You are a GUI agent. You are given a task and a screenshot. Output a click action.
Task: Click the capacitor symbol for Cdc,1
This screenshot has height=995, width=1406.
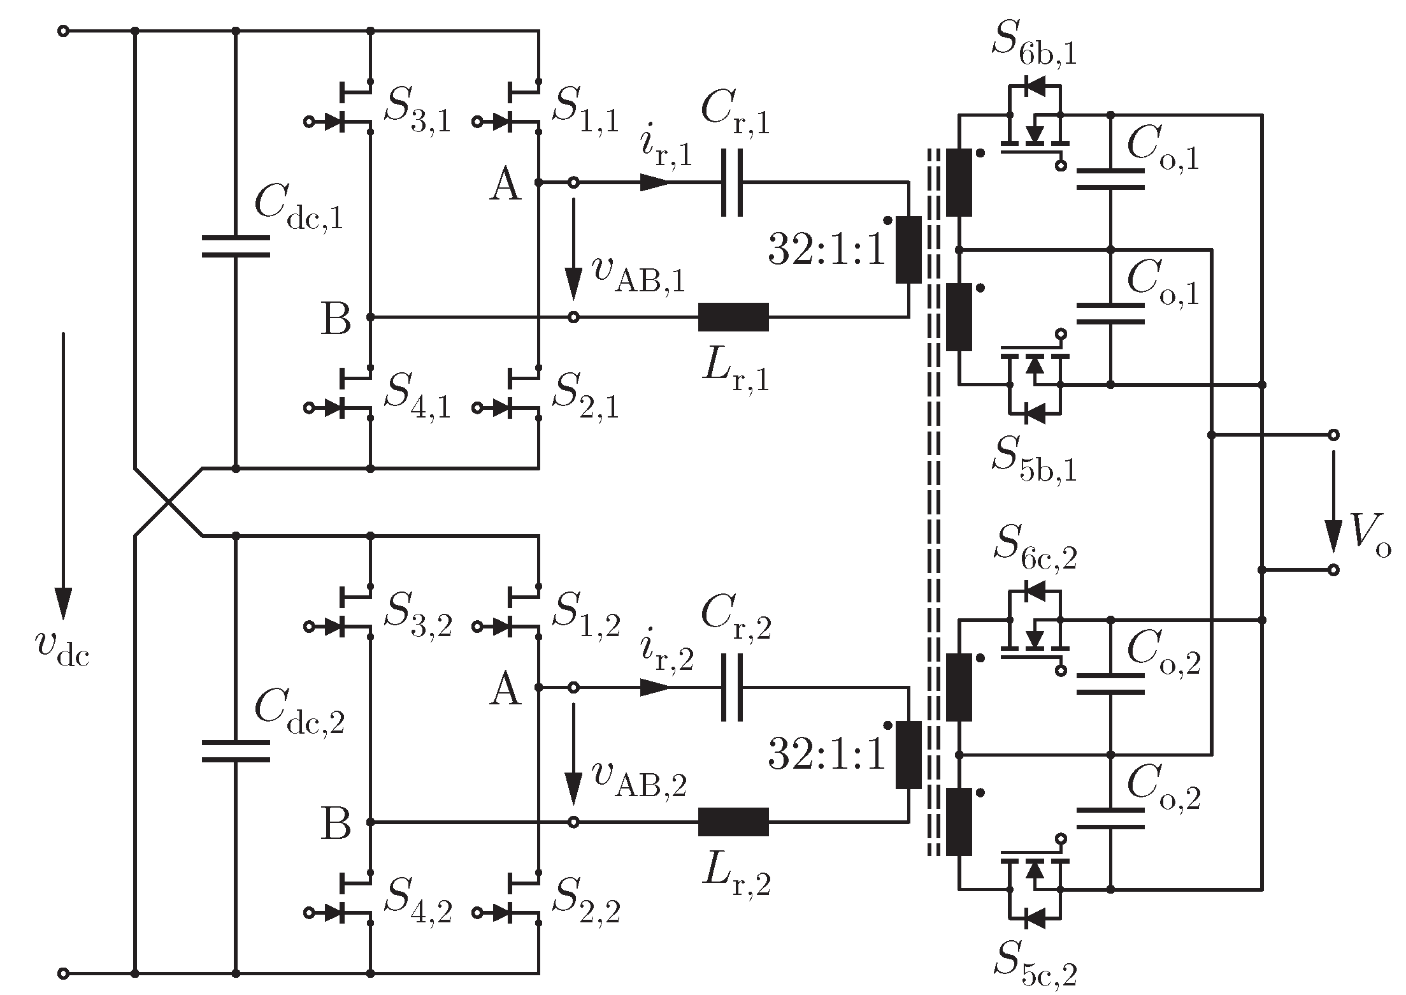[x=235, y=247]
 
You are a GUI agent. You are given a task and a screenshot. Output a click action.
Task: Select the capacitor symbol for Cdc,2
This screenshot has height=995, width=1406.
[x=235, y=751]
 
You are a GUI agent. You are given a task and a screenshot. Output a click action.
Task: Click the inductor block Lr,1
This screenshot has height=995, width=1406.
[x=733, y=317]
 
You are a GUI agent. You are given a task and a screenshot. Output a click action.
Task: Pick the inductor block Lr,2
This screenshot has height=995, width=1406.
[x=733, y=822]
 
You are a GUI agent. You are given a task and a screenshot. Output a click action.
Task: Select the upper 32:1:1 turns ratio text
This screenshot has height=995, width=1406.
[x=827, y=251]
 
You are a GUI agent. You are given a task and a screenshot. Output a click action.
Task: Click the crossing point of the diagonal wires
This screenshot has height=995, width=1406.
[x=169, y=502]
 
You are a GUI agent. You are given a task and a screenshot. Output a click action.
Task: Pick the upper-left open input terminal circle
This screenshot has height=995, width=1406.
[x=62, y=31]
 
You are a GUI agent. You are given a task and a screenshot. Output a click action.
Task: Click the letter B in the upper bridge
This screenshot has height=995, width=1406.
[x=336, y=319]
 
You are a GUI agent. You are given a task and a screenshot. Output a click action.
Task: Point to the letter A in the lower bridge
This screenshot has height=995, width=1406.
[x=505, y=690]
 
